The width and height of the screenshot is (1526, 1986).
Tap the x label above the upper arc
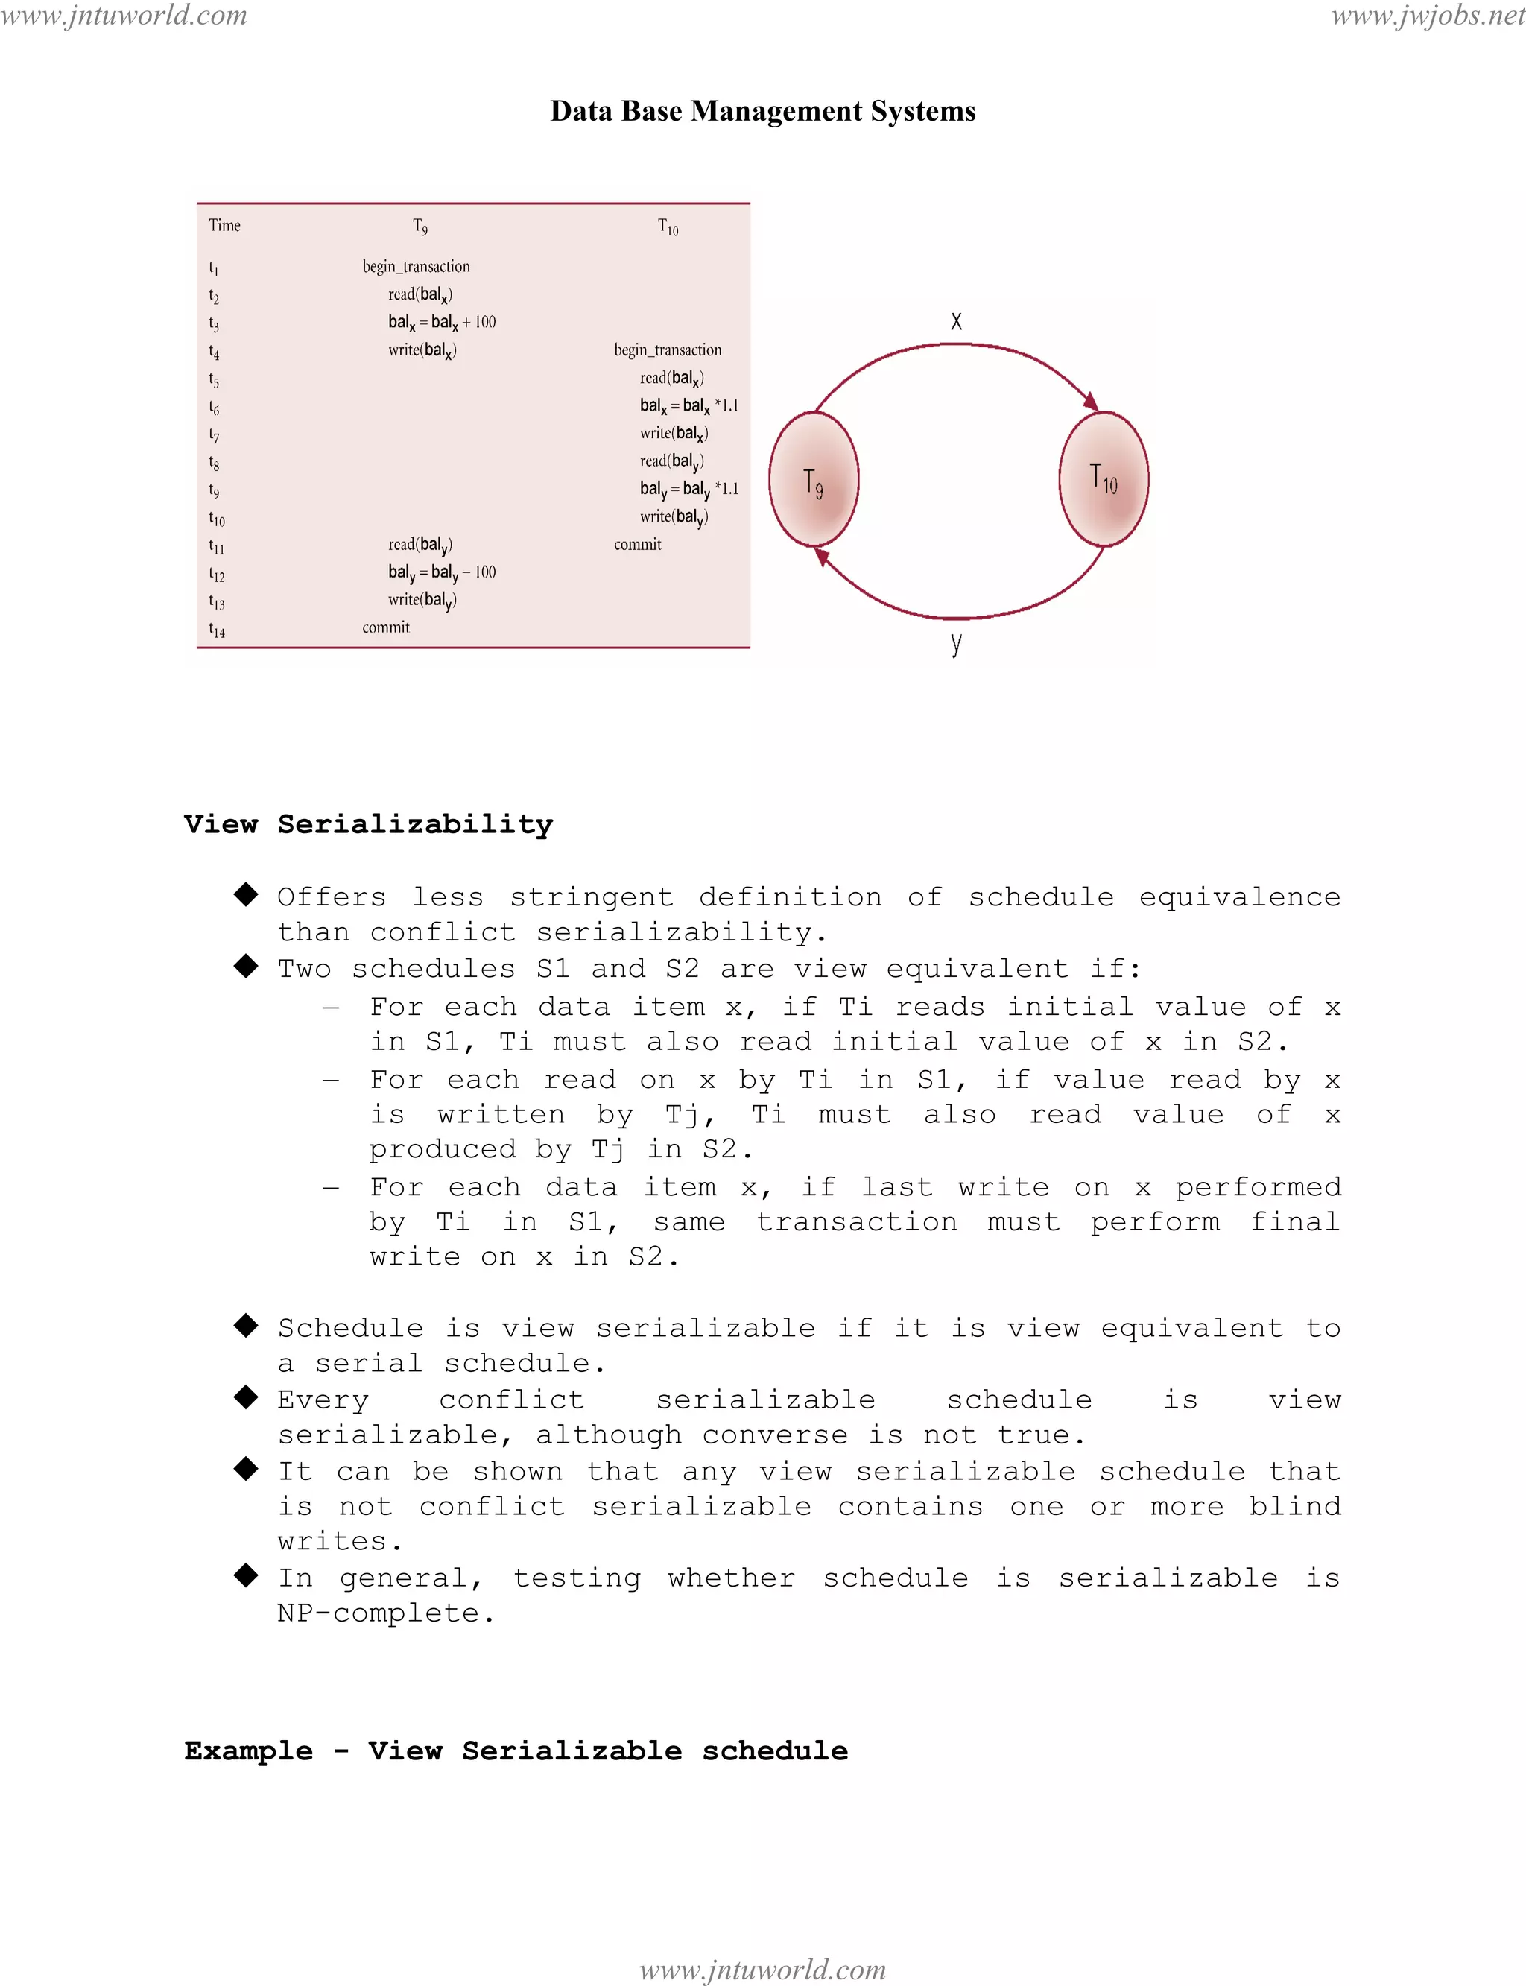955,320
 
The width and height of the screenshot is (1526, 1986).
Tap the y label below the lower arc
955,643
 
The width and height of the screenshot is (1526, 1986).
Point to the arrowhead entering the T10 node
1091,401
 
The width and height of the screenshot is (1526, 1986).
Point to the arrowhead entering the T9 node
822,557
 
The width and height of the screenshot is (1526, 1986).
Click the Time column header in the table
224,225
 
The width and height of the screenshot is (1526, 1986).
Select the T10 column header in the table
668,227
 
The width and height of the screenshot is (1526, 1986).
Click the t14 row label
216,630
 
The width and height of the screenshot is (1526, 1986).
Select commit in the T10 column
638,544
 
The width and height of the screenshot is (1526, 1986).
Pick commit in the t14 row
386,627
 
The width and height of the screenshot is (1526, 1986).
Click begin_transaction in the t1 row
416,266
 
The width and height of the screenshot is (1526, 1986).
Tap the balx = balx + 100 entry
441,322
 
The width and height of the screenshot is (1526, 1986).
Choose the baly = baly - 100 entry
441,572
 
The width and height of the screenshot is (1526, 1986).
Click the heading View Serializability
368,824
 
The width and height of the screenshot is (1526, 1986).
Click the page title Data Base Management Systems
763,111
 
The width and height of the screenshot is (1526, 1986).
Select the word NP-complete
385,1613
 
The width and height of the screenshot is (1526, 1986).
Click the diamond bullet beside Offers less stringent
246,894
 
